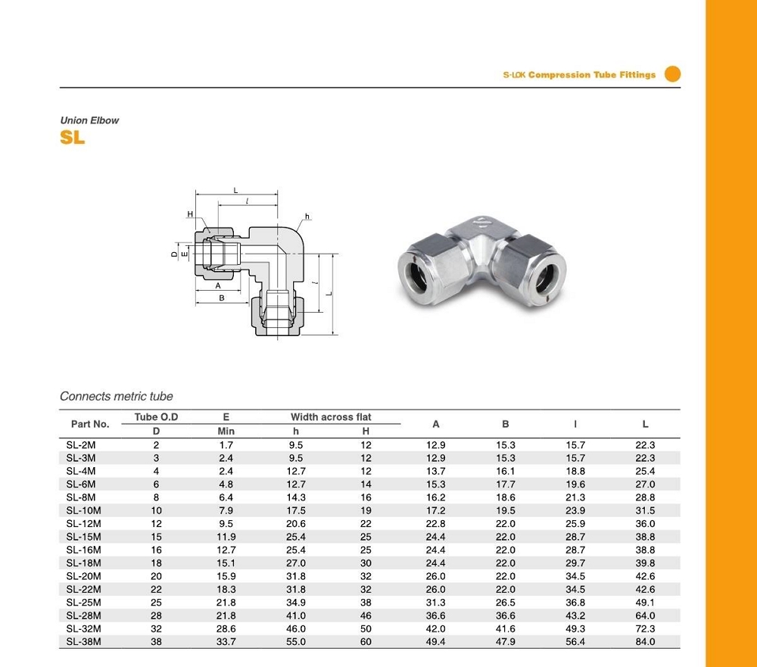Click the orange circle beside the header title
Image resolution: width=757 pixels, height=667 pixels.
click(x=672, y=74)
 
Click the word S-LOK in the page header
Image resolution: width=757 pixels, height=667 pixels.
click(x=515, y=75)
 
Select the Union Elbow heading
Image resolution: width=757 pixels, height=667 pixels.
click(x=89, y=120)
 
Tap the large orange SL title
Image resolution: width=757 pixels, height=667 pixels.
click(x=73, y=138)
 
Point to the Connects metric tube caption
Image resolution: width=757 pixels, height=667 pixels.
click(x=117, y=396)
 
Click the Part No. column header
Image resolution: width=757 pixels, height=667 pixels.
click(x=90, y=424)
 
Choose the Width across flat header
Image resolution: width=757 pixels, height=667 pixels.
click(x=331, y=417)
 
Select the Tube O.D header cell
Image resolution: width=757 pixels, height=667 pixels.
click(x=156, y=417)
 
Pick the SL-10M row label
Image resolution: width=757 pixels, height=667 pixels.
click(x=83, y=511)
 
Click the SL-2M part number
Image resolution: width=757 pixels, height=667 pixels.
click(x=81, y=445)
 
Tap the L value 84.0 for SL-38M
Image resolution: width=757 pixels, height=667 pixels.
click(x=645, y=642)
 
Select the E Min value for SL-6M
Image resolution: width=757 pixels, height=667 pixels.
click(x=226, y=485)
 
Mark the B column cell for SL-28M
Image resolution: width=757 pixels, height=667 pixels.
click(x=506, y=616)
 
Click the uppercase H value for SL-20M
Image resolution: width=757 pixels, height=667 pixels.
click(x=366, y=576)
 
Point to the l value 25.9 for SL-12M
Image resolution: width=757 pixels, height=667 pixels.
click(x=575, y=524)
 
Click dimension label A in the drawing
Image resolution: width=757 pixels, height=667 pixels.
click(x=218, y=285)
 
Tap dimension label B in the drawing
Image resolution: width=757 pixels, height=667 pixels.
click(x=222, y=298)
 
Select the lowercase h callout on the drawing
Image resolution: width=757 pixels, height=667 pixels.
click(x=307, y=217)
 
